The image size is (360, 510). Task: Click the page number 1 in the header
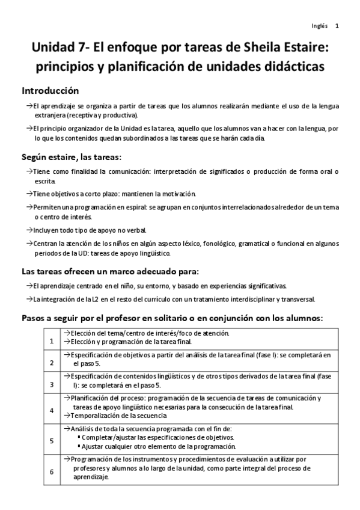coord(337,26)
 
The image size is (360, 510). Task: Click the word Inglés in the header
coord(320,26)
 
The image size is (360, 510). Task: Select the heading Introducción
coord(50,91)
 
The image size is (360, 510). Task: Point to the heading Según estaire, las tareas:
coord(72,158)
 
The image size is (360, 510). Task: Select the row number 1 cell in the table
coord(52,341)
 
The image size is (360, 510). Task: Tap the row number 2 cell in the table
coord(52,363)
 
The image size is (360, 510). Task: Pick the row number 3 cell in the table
coord(52,384)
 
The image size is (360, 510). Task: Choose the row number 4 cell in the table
coord(52,411)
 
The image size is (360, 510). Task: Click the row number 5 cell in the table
coord(52,440)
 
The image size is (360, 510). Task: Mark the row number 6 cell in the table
coord(52,471)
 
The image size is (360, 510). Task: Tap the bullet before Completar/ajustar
coord(79,438)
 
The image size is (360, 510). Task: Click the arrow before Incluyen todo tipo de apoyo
coord(29,230)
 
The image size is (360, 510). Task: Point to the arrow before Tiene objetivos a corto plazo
coord(29,194)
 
